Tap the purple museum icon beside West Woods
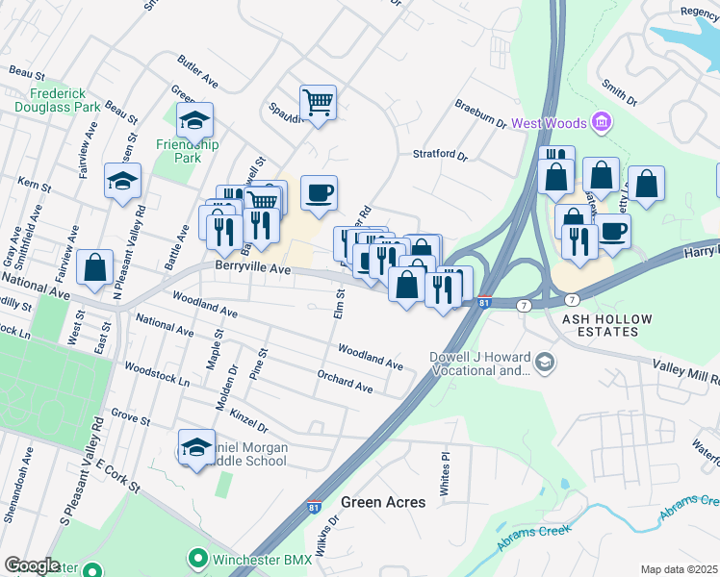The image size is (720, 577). coord(602,122)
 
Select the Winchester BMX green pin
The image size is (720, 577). coord(197,557)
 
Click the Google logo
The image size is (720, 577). coord(32,565)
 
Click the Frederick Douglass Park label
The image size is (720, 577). coord(64,101)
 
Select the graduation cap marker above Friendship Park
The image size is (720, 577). coord(194,121)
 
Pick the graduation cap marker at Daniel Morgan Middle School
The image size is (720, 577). coord(196,447)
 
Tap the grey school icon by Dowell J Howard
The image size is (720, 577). coord(545,363)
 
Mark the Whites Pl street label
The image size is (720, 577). coord(445,468)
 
